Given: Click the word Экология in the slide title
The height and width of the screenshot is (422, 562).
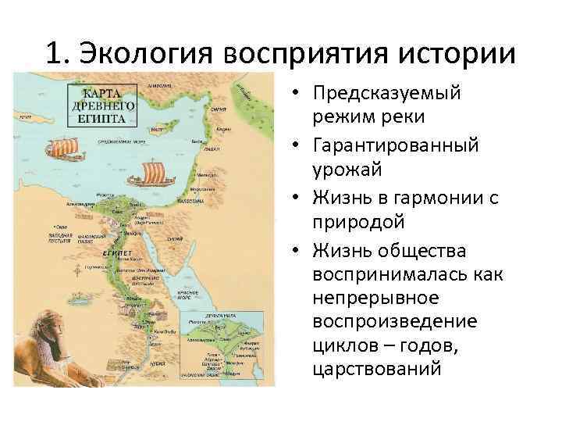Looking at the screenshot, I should pos(148,55).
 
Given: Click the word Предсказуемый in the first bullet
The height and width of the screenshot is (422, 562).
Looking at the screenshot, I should pos(386,93).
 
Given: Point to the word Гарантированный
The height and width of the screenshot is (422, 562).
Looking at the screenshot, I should pos(397,145).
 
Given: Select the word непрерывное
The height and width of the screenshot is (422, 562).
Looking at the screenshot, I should pos(375,299).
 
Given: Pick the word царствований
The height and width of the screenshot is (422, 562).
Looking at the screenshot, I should pos(377,367).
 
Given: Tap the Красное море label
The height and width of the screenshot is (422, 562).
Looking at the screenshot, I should pos(188,280).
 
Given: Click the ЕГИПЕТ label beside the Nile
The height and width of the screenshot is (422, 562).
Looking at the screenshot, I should pos(116,253).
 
